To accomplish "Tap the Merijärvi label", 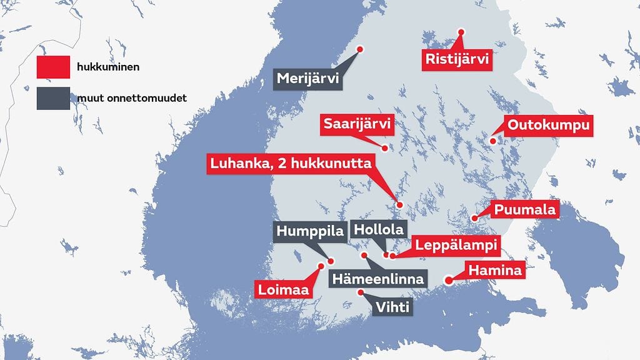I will [307, 79].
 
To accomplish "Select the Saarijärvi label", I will [357, 125].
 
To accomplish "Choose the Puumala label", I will [525, 210].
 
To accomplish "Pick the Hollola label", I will [378, 229].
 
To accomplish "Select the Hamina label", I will [494, 272].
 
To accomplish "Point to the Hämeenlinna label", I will [378, 279].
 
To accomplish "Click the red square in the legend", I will [53, 67].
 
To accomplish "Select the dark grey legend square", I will [53, 99].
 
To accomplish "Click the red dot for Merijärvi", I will [360, 49].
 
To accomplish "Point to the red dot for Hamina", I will [448, 281].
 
